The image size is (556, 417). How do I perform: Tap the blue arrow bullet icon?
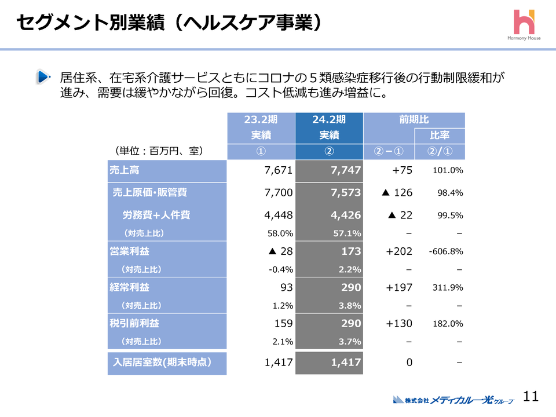point(43,76)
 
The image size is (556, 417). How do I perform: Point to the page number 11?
point(531,396)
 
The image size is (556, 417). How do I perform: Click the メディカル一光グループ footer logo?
point(453,399)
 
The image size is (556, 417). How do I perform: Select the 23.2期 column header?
point(261,120)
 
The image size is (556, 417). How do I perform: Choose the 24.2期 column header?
point(328,120)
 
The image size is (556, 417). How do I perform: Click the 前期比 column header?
point(414,120)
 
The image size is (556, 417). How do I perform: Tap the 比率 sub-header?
point(440,136)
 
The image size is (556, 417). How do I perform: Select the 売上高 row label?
point(125,170)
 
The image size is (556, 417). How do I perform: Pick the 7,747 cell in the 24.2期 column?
point(345,170)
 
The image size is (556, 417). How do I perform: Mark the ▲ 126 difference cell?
point(397,192)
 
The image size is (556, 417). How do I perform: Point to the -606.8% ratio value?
point(445,251)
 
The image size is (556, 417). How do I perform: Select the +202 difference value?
point(399,251)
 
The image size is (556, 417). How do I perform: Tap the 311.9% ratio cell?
point(448,287)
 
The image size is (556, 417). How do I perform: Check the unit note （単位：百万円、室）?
point(158,151)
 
